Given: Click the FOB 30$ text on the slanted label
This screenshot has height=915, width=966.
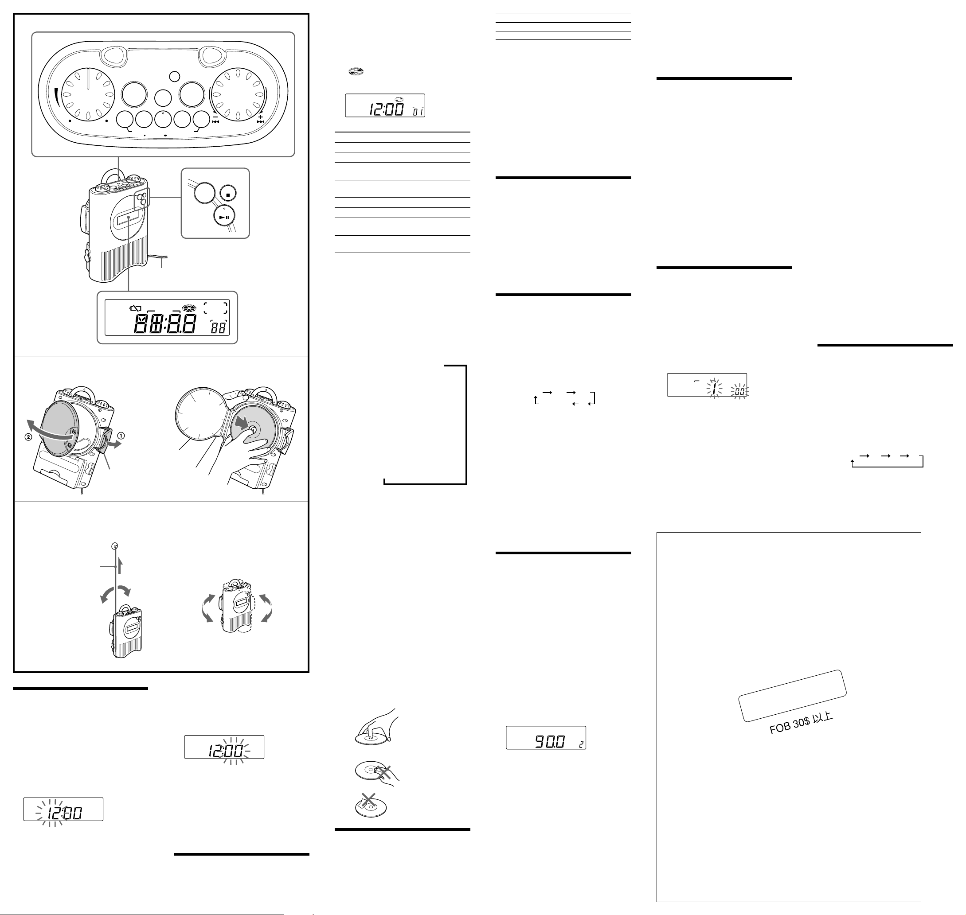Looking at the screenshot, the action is pyautogui.click(x=790, y=725).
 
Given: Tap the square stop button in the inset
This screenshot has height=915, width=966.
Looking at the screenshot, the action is pyautogui.click(x=228, y=194).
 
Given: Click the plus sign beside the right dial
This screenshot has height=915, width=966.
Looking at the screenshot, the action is pyautogui.click(x=261, y=117).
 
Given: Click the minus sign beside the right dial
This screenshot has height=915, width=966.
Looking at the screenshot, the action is pyautogui.click(x=215, y=117).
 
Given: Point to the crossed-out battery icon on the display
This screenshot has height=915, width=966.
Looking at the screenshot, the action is pyautogui.click(x=135, y=308).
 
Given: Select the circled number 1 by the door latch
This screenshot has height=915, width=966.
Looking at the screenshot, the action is pyautogui.click(x=121, y=436).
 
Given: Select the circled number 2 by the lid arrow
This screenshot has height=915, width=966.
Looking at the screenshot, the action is pyautogui.click(x=28, y=437).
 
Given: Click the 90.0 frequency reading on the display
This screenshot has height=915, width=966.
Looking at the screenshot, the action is pyautogui.click(x=550, y=742).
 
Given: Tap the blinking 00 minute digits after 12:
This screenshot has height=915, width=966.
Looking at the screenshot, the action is pyautogui.click(x=234, y=751).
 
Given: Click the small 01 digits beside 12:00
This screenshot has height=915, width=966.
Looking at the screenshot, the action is pyautogui.click(x=418, y=112).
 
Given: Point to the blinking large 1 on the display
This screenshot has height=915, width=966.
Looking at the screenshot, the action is pyautogui.click(x=714, y=389).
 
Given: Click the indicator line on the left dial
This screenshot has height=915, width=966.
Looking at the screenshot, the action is pyautogui.click(x=88, y=79).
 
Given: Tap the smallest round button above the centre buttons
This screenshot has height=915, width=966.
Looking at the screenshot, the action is pyautogui.click(x=174, y=77).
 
